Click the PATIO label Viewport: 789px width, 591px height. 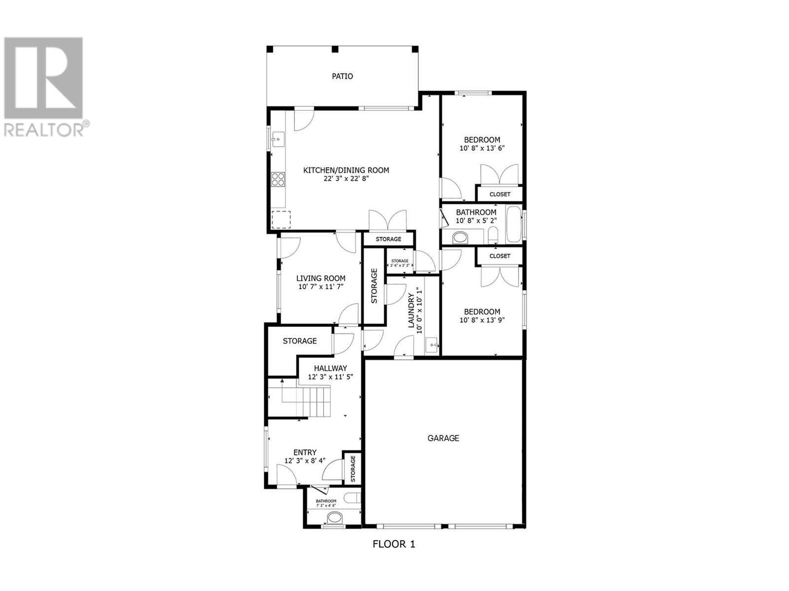342,76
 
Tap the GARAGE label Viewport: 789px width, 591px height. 443,438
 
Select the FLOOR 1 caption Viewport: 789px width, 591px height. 394,544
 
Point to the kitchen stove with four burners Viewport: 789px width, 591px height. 278,179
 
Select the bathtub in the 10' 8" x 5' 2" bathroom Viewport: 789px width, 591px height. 513,225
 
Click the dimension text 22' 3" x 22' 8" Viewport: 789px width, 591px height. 346,179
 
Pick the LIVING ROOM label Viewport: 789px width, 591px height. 321,278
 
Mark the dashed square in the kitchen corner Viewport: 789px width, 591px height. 281,220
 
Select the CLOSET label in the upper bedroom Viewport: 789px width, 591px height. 500,194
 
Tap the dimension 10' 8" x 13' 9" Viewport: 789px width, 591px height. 482,320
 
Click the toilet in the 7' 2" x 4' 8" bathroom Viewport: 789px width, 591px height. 334,518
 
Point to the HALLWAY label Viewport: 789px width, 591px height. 330,368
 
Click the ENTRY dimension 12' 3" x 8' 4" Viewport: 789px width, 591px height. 305,461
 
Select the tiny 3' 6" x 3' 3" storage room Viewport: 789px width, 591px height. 399,263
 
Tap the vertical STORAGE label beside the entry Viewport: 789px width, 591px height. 353,468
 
